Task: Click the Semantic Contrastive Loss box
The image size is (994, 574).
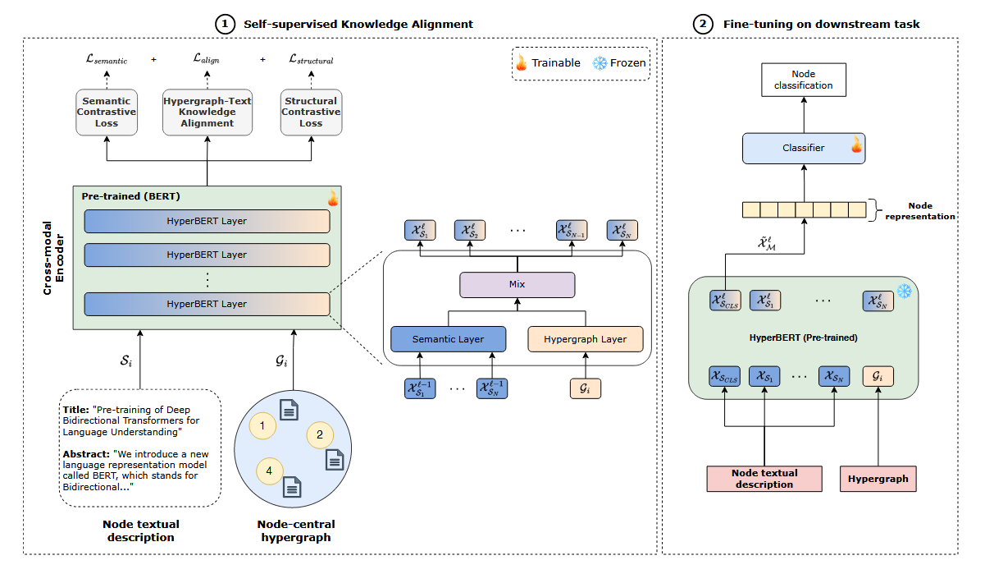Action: (x=107, y=113)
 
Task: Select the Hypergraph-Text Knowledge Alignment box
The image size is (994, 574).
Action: (x=207, y=113)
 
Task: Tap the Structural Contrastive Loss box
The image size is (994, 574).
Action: (x=311, y=113)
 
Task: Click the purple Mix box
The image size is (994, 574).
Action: (x=517, y=284)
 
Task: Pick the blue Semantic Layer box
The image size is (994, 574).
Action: (x=448, y=338)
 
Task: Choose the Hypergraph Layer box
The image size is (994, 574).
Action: (x=585, y=338)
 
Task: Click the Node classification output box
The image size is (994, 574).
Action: (x=805, y=80)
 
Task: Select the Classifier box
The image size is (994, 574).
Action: (x=804, y=148)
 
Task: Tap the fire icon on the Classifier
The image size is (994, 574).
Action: (x=856, y=147)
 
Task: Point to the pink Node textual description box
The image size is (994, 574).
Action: (x=764, y=479)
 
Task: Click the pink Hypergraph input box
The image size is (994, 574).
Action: (x=878, y=479)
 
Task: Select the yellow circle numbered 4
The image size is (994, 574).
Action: (x=269, y=471)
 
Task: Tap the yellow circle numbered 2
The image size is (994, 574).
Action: (x=320, y=434)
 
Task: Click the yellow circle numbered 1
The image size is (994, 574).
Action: (x=262, y=425)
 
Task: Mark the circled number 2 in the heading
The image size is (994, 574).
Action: (x=701, y=24)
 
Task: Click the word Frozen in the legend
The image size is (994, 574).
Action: (x=628, y=62)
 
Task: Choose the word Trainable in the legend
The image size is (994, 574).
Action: (x=556, y=62)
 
